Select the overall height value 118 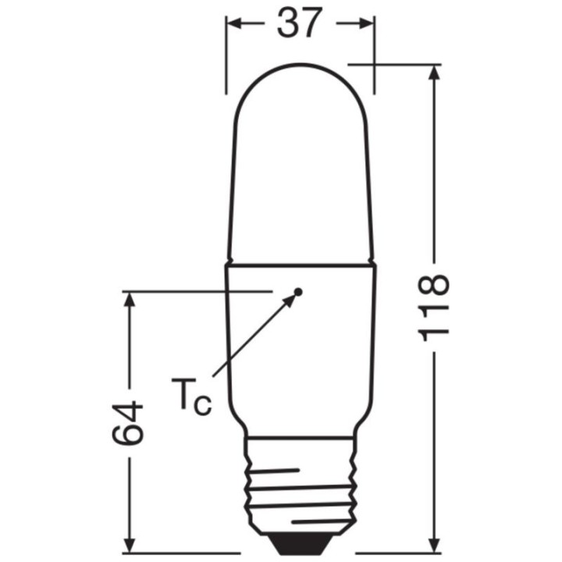[x=435, y=307]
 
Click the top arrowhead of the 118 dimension [x=435, y=73]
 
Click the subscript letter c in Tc [x=201, y=406]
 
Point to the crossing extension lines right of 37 [x=375, y=64]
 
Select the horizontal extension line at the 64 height [x=195, y=292]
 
